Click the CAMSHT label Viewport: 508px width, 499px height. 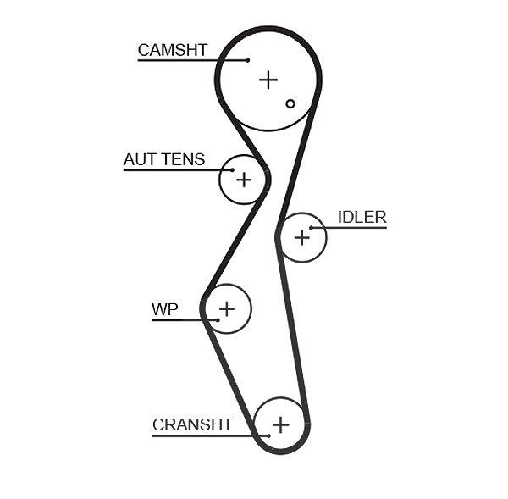173,50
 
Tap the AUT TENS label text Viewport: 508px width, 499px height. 164,159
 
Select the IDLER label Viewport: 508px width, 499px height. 362,217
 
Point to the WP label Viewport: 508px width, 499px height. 165,309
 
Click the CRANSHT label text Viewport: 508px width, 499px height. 192,424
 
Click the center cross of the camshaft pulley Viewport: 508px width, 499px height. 268,80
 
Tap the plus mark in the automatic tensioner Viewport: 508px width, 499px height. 244,180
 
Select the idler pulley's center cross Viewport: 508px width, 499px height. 302,238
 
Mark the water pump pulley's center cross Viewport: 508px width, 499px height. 227,308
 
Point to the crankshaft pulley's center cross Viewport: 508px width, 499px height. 280,424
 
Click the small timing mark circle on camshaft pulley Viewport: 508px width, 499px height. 290,103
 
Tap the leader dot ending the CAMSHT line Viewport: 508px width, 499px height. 248,60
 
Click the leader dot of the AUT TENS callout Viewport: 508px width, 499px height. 232,170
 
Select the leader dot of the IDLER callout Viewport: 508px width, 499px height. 311,228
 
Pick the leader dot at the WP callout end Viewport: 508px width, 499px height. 218,320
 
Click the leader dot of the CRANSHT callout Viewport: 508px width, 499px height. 268,436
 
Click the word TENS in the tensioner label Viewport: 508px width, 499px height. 184,159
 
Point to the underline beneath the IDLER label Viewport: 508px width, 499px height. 349,228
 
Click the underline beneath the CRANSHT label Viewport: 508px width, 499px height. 211,436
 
